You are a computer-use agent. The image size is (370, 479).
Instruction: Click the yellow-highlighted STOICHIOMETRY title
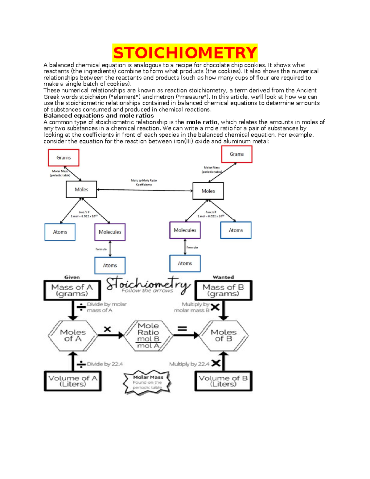pos(185,53)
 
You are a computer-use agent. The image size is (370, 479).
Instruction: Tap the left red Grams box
pos(64,158)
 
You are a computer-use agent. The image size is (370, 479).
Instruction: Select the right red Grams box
pos(236,154)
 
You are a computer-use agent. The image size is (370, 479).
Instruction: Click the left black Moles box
pos(81,189)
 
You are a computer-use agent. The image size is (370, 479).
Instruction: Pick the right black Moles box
pos(208,191)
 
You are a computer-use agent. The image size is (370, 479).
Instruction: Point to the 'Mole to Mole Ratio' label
pos(144,181)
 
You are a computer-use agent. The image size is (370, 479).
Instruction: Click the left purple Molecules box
pos(110,232)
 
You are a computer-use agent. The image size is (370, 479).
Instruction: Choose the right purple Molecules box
pos(185,230)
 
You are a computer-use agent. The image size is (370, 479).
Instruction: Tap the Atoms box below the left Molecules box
pos(110,265)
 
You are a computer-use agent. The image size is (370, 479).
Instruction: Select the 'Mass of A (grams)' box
pos(72,290)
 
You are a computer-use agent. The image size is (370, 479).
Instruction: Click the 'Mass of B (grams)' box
pos(223,290)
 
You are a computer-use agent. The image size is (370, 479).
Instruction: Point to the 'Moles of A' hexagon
pos(73,336)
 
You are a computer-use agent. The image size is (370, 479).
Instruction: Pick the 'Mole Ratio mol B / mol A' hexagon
pos(148,336)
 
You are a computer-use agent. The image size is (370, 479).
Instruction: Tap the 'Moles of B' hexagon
pos(224,336)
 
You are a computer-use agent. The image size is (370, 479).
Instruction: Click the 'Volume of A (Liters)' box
pos(73,381)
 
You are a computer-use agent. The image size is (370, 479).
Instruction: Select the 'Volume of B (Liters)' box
pos(223,381)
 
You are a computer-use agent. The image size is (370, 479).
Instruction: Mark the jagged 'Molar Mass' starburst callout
pos(147,382)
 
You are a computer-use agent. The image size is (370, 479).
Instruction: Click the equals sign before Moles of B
pos(182,329)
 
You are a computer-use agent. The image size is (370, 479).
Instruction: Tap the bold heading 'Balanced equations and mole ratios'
pos(99,116)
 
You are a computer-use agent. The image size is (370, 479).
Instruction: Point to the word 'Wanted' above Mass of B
pos(223,277)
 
